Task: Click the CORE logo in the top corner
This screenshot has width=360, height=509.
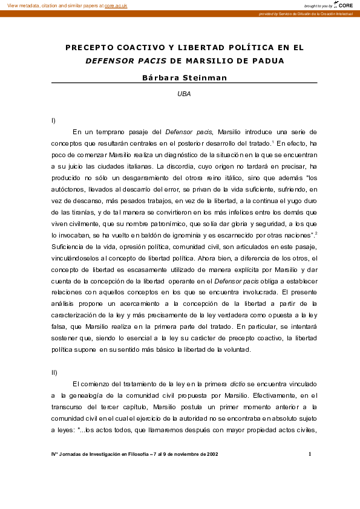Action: click(345, 5)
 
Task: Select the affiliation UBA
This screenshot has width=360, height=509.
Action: click(184, 94)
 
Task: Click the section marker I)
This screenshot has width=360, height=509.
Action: click(54, 121)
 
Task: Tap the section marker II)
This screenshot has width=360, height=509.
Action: click(54, 372)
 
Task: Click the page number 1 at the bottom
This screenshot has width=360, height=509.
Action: click(310, 453)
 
